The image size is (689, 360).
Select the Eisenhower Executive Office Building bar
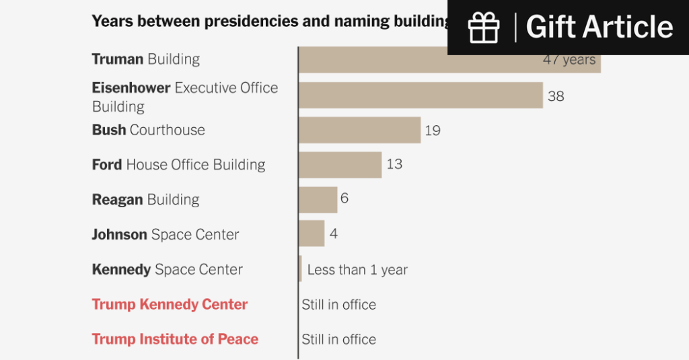point(421,95)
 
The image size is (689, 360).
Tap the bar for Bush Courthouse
point(359,130)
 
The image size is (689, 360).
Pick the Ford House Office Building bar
point(340,165)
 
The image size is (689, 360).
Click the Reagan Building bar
point(318,200)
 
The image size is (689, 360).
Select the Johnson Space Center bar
point(312,234)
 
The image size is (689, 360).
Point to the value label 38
point(556,96)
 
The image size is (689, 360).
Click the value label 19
point(433,131)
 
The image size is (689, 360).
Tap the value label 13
point(394,164)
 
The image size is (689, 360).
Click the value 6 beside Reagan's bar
point(344,199)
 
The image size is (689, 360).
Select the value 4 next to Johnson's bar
point(333,234)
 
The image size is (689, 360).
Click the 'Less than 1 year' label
point(357,270)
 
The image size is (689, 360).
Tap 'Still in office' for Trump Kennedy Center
point(338,304)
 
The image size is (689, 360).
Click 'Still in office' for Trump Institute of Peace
point(338,339)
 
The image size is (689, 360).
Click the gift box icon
point(484,27)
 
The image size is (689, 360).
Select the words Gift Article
point(599,27)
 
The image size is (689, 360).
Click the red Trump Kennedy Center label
point(170,304)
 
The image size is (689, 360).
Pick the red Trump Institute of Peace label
point(175,339)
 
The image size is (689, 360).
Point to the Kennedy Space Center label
point(167,269)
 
